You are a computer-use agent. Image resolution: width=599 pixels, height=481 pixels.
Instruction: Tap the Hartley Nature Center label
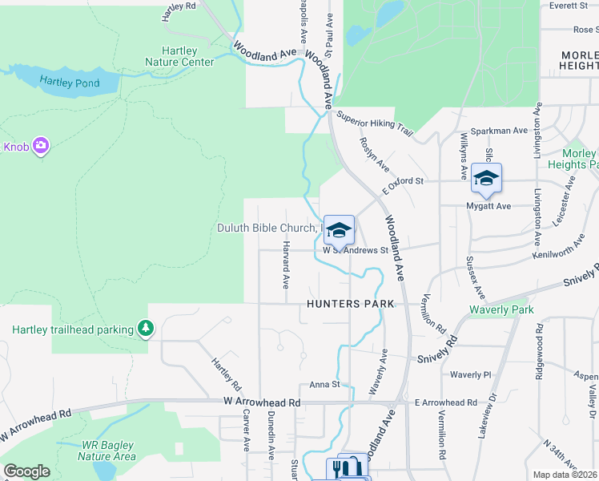pyautogui.click(x=179, y=55)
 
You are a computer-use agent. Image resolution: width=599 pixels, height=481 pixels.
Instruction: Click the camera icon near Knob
pyautogui.click(x=41, y=146)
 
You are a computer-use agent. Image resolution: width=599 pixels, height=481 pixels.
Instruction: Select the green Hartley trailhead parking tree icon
pyautogui.click(x=145, y=328)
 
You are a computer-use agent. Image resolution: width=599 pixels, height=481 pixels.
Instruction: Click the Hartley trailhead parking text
pyautogui.click(x=73, y=329)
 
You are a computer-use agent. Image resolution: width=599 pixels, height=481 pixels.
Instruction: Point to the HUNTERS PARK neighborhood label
pyautogui.click(x=351, y=304)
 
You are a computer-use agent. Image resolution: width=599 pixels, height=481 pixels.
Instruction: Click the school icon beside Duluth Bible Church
pyautogui.click(x=339, y=230)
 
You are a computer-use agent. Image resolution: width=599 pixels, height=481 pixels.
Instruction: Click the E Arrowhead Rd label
pyautogui.click(x=445, y=402)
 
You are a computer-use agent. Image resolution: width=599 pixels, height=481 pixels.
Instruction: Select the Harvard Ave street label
pyautogui.click(x=285, y=265)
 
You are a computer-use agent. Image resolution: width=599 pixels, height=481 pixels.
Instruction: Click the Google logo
pyautogui.click(x=26, y=471)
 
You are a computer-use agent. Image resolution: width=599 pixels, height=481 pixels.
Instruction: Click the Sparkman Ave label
pyautogui.click(x=498, y=130)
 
